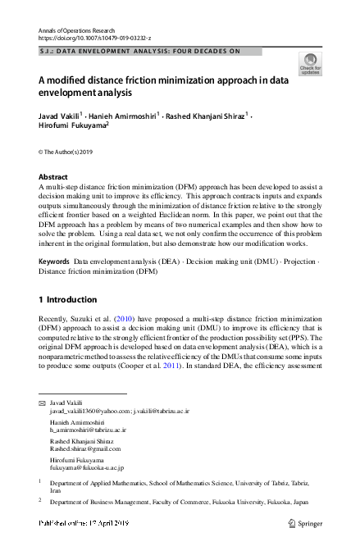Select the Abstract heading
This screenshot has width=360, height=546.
[53, 177]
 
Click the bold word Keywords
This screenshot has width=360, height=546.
[54, 261]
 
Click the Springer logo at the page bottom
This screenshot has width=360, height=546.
[305, 522]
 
